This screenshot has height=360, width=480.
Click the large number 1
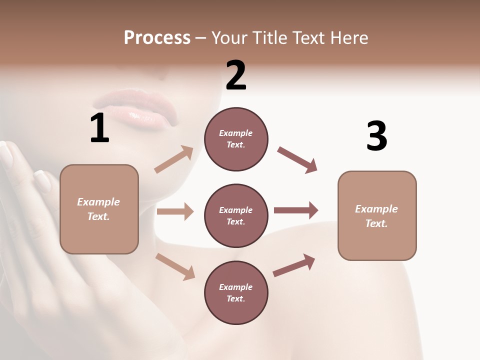[x=99, y=128]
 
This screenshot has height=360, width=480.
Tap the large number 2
[x=236, y=75]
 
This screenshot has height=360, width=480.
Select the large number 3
[x=376, y=136]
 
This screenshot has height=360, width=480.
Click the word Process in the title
[x=157, y=37]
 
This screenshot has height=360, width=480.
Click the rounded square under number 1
[x=99, y=209]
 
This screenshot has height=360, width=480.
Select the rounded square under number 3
[x=377, y=216]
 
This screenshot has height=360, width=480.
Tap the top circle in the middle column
[x=236, y=139]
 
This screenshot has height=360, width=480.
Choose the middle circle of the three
[x=236, y=216]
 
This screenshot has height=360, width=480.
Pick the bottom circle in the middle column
[x=236, y=293]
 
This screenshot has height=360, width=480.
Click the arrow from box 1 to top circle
[x=174, y=159]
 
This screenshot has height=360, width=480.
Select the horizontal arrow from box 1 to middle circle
[x=175, y=211]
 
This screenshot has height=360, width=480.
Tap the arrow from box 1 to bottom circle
[x=175, y=266]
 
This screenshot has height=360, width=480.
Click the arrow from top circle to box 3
[x=297, y=160]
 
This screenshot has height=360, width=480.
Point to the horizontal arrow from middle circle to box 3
[x=296, y=210]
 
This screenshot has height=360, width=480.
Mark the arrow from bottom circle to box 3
[x=294, y=265]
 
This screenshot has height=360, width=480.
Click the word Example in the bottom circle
[x=236, y=287]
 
